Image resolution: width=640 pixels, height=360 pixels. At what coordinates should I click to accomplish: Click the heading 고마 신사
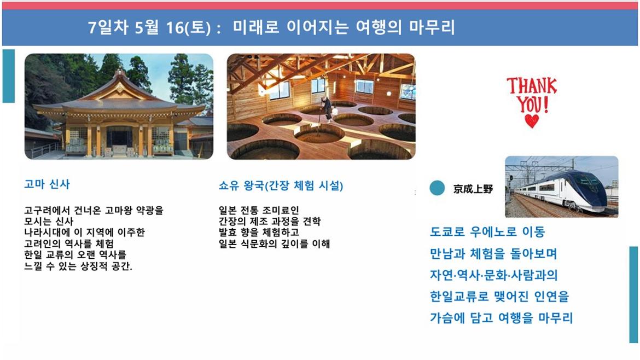(x=47, y=184)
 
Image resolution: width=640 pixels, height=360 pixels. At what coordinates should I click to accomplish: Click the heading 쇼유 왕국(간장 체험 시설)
(x=281, y=186)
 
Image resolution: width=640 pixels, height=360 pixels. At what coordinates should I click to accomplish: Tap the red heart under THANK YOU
(x=532, y=121)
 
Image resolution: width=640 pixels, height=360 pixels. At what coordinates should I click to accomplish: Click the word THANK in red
(x=532, y=86)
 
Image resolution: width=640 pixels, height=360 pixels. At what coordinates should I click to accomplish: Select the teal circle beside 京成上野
(x=437, y=188)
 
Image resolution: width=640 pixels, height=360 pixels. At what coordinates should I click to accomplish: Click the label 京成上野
(x=473, y=189)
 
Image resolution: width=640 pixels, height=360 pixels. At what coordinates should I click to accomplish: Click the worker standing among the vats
(x=327, y=109)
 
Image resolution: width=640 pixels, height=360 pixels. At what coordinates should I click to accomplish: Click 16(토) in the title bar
(x=188, y=28)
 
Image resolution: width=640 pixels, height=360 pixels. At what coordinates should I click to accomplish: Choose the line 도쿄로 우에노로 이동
(x=487, y=232)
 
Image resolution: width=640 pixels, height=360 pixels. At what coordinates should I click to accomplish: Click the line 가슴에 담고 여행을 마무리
(x=501, y=317)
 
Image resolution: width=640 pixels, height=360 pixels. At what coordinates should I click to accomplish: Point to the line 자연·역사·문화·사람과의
(x=493, y=275)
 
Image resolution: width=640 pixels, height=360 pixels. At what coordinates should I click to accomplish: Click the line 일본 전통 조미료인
(x=259, y=211)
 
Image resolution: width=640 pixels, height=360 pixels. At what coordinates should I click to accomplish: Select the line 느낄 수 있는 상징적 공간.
(x=78, y=266)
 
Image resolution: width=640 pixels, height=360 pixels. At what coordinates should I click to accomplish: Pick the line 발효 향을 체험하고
(x=259, y=233)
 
